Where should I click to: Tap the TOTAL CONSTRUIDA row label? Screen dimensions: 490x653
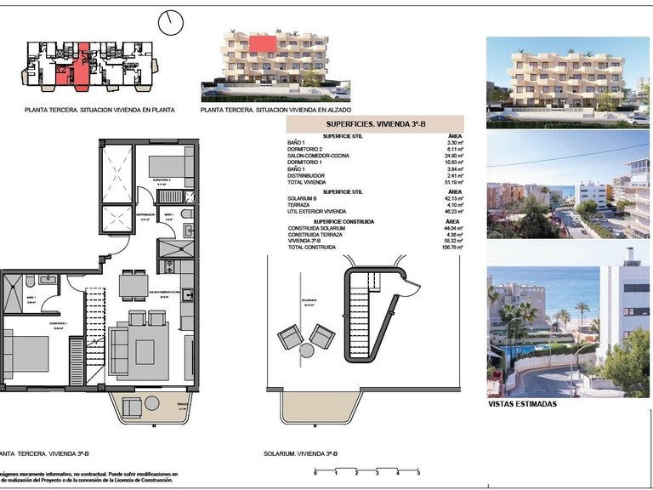point(312,247)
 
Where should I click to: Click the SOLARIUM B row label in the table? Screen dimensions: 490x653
point(304,198)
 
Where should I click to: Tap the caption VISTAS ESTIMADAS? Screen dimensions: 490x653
point(524,404)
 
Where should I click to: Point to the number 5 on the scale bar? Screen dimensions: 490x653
point(417,473)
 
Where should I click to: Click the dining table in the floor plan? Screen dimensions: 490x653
point(133,283)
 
